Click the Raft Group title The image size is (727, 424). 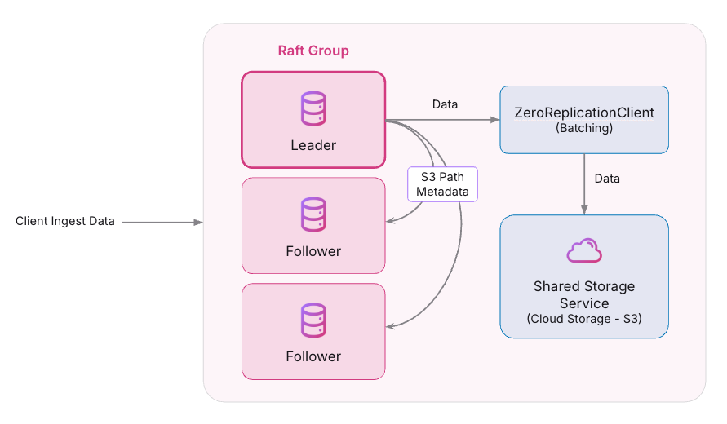click(x=313, y=51)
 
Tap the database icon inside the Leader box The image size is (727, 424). click(x=313, y=109)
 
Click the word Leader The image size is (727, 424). click(x=313, y=145)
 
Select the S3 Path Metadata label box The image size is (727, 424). click(x=444, y=183)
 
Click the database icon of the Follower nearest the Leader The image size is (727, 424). click(x=313, y=214)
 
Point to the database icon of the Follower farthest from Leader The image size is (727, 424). click(x=313, y=320)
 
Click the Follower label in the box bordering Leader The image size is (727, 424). click(x=313, y=251)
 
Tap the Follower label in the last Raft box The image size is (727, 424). click(x=313, y=356)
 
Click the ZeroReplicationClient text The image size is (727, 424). click(x=584, y=113)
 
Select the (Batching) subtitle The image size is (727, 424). click(x=584, y=129)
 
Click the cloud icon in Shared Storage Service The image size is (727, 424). click(x=584, y=251)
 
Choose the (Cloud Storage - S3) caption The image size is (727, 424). click(x=584, y=319)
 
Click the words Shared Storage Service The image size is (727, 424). click(x=584, y=294)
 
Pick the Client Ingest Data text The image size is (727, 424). click(x=65, y=222)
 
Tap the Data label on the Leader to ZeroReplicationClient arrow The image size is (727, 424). click(x=445, y=104)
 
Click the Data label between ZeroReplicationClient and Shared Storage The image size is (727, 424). click(x=606, y=179)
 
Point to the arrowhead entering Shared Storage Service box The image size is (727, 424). click(x=584, y=210)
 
